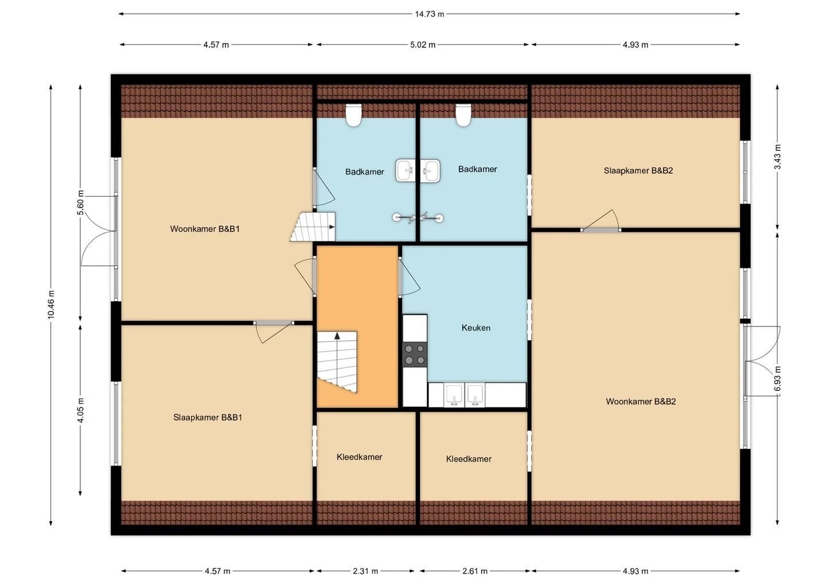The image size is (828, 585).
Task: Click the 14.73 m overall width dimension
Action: point(429,14)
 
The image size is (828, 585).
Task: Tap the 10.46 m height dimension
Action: point(51,305)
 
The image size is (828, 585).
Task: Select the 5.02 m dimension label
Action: point(423,45)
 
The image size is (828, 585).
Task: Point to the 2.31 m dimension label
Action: point(365,571)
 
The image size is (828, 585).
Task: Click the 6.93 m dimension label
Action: point(777,379)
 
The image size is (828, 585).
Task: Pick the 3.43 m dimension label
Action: point(777,156)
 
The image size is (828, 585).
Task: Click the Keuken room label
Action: point(476,328)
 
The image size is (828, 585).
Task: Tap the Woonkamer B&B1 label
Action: point(205,229)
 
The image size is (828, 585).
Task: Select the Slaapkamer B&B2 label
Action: point(638,170)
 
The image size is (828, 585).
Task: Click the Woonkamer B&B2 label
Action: point(641,401)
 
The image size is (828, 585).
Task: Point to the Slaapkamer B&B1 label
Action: point(208,417)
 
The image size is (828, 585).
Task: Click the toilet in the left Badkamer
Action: point(354,115)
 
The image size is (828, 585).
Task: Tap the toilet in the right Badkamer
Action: point(463,115)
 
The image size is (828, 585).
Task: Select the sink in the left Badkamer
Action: point(405,171)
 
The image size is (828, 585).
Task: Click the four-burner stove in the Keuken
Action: point(415,354)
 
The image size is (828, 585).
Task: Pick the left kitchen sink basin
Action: point(454,395)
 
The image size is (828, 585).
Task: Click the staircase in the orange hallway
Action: point(337,361)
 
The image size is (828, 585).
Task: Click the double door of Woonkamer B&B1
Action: point(99,231)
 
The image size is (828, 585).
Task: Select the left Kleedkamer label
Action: point(359,457)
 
